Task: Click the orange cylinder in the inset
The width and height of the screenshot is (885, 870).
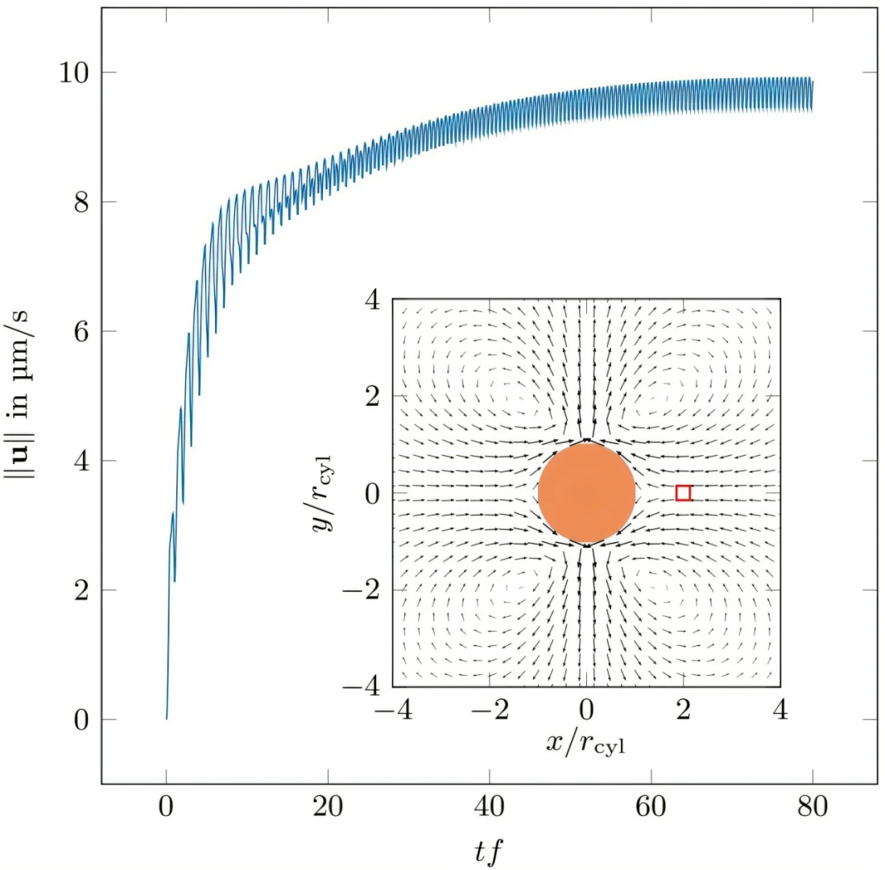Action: click(586, 492)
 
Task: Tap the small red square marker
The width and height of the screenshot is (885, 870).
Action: click(683, 493)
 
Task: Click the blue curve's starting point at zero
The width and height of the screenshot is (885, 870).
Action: click(167, 719)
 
